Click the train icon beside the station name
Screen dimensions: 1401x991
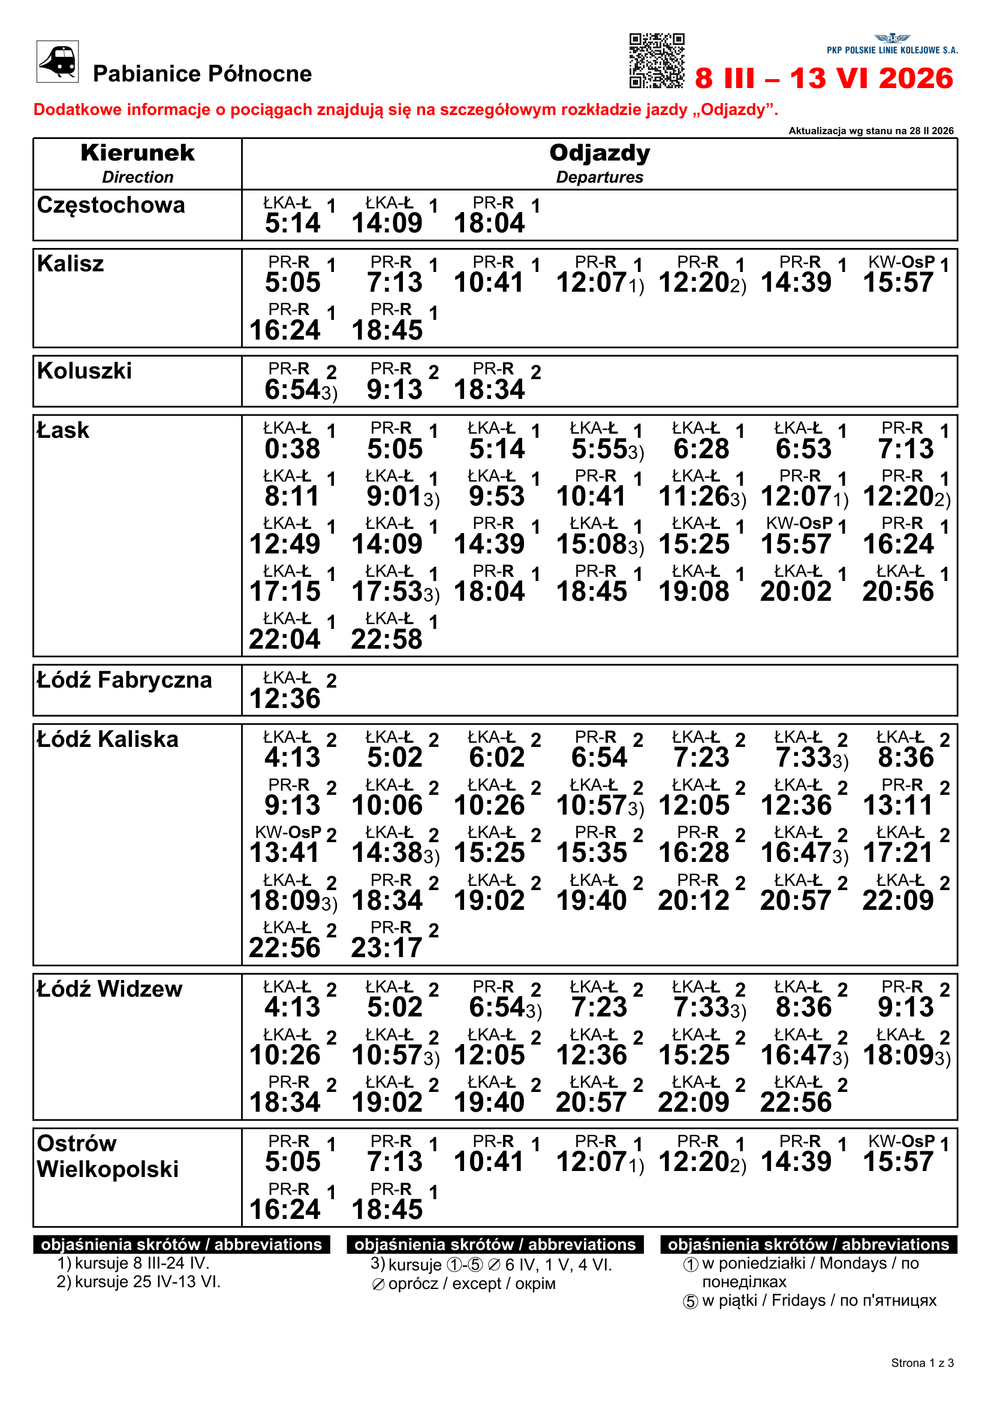(x=58, y=61)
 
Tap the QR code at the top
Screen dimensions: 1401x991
(x=656, y=60)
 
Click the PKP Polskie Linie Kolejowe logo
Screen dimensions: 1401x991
(x=892, y=44)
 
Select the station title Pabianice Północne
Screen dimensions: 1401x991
(x=202, y=74)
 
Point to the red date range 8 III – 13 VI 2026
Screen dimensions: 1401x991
(x=824, y=78)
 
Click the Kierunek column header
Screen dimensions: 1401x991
(x=137, y=153)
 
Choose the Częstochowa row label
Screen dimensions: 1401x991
(x=110, y=205)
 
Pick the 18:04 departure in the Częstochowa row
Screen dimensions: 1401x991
(x=489, y=223)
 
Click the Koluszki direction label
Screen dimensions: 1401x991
(x=85, y=370)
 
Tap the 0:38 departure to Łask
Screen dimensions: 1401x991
(x=292, y=449)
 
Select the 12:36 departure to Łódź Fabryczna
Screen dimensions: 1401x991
(x=285, y=698)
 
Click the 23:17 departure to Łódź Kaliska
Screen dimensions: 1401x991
(x=387, y=948)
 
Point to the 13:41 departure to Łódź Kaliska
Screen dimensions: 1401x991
(x=285, y=852)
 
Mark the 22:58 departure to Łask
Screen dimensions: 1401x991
(x=387, y=639)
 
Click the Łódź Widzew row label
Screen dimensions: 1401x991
(x=109, y=988)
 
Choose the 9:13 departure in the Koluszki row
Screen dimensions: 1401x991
(x=394, y=389)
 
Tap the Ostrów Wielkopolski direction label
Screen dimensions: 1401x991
(x=107, y=1155)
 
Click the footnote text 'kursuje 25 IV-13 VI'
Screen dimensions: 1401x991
(x=147, y=1281)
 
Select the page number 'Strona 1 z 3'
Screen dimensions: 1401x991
(x=922, y=1363)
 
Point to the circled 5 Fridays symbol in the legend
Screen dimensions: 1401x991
(x=690, y=1302)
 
